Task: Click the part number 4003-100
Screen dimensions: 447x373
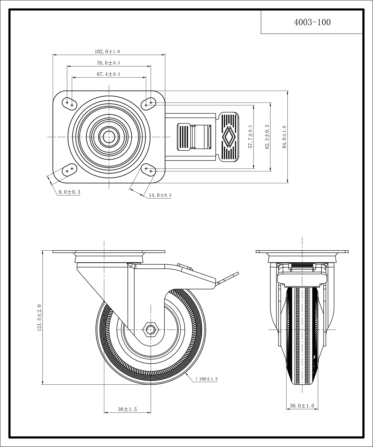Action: [x=312, y=22]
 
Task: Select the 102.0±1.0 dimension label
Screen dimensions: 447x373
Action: [x=107, y=52]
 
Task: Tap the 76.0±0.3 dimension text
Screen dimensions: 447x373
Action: [x=108, y=63]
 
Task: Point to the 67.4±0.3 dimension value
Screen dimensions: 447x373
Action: [x=108, y=74]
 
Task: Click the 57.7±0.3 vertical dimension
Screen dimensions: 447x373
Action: [x=250, y=137]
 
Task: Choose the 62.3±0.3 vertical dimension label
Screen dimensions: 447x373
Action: [x=267, y=137]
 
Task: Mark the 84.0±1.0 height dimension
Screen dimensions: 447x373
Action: [x=284, y=137]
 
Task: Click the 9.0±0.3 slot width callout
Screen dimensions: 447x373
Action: [x=69, y=192]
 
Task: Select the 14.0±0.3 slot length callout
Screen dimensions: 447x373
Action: [x=160, y=195]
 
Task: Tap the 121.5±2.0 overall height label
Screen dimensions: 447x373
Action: [x=39, y=318]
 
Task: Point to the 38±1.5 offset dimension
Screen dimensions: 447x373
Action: [x=127, y=409]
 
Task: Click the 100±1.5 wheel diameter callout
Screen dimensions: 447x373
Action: [x=207, y=379]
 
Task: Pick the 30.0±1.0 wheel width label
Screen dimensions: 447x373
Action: [x=302, y=406]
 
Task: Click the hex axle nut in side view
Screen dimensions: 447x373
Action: [x=151, y=329]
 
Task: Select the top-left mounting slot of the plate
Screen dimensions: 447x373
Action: [x=69, y=104]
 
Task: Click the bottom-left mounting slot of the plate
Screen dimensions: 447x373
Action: [x=69, y=170]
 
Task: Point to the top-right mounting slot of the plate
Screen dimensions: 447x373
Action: [x=148, y=104]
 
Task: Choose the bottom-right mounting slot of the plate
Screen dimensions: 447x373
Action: [x=148, y=170]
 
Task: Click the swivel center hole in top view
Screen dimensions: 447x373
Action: [x=109, y=137]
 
